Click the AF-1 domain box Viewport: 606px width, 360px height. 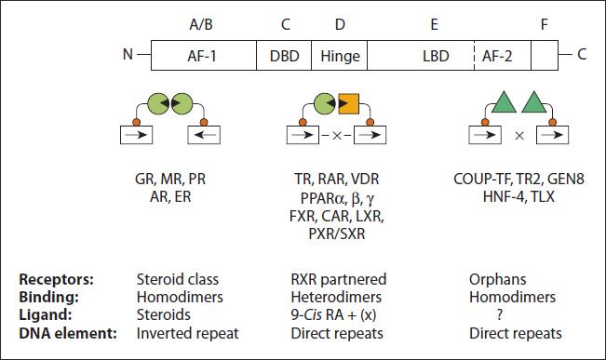click(201, 55)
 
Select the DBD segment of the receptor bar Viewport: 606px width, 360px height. click(284, 55)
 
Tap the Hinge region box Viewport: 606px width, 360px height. click(340, 55)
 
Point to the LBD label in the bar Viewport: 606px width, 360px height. click(434, 55)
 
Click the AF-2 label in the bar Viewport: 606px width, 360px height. click(501, 55)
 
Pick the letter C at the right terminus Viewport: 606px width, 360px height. click(582, 54)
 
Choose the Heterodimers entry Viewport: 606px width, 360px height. click(331, 297)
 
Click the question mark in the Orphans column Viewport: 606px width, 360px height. click(511, 315)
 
